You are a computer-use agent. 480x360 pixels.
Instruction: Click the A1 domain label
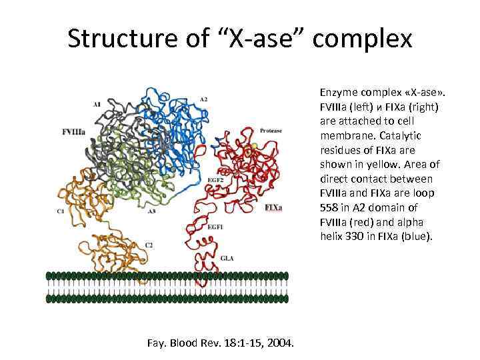coord(97,104)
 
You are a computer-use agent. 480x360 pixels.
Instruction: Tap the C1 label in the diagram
coord(60,211)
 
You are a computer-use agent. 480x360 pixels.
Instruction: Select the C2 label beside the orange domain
coord(149,245)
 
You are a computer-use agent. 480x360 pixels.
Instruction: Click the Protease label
coord(271,131)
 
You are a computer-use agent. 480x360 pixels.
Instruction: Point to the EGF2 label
coord(215,180)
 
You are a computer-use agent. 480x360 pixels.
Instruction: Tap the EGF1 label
coord(215,228)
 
